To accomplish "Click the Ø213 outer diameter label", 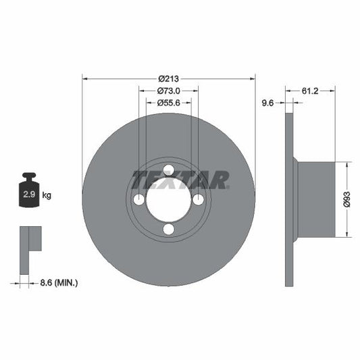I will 168,78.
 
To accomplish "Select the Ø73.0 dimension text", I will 168,91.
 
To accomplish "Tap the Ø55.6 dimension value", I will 168,103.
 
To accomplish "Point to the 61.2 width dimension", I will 311,90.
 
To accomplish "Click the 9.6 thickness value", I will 267,103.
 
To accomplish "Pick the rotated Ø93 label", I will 346,199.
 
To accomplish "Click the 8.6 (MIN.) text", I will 58,282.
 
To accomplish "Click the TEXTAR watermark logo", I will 180,180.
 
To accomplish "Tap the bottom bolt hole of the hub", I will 169,230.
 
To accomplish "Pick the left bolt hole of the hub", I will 138,200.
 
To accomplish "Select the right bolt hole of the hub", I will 199,200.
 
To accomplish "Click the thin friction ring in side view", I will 289,199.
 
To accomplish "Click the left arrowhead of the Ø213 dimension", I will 85,78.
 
